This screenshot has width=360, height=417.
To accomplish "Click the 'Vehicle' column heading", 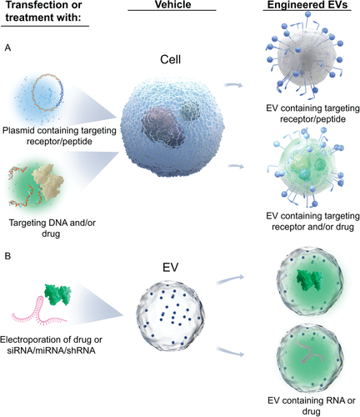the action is pyautogui.click(x=172, y=4).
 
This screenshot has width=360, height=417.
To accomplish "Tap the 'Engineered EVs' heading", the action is pyautogui.click(x=307, y=5).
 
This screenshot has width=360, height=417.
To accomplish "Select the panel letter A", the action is pyautogui.click(x=8, y=48).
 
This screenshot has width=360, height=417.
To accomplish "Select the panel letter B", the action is pyautogui.click(x=7, y=256).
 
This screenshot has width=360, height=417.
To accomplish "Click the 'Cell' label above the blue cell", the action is pyautogui.click(x=170, y=59).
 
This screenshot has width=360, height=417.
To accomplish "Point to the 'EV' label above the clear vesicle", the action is pyautogui.click(x=170, y=267).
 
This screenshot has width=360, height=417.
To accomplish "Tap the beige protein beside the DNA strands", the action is pyautogui.click(x=47, y=182).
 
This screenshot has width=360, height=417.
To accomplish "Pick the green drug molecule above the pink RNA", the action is pyautogui.click(x=57, y=295).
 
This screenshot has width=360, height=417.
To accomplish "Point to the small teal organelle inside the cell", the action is pyautogui.click(x=189, y=110).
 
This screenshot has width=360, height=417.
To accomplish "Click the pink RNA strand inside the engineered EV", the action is pyautogui.click(x=312, y=353).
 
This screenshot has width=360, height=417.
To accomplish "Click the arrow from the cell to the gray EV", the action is pyautogui.click(x=233, y=84).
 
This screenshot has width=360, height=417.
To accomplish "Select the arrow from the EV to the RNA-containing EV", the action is pyautogui.click(x=231, y=352).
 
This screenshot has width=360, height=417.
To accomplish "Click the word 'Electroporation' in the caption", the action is pyautogui.click(x=28, y=339).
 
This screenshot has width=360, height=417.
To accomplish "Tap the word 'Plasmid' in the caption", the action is pyautogui.click(x=17, y=130).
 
